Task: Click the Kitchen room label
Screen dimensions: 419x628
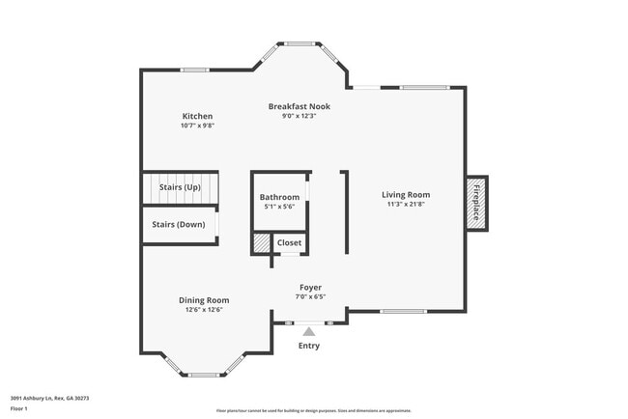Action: [196, 117]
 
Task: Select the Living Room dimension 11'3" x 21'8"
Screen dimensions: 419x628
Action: [405, 204]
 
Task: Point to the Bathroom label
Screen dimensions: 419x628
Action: [279, 197]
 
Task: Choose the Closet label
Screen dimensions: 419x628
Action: [290, 242]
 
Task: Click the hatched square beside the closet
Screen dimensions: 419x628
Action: [262, 243]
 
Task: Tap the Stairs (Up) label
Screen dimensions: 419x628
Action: [180, 186]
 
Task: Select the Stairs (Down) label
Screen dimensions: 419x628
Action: [178, 224]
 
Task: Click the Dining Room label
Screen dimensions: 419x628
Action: [203, 300]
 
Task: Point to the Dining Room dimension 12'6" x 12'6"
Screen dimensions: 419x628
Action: [203, 310]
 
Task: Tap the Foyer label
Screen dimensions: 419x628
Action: [310, 287]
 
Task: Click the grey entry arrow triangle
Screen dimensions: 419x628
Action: [309, 331]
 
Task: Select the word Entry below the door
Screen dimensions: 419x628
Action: [309, 346]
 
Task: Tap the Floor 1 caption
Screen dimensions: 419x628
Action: [19, 408]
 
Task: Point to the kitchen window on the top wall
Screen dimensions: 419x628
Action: [195, 70]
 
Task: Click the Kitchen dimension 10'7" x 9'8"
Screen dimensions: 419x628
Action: [196, 126]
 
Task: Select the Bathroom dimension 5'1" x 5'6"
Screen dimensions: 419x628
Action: [279, 207]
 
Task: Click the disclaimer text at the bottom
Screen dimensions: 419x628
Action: [313, 410]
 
